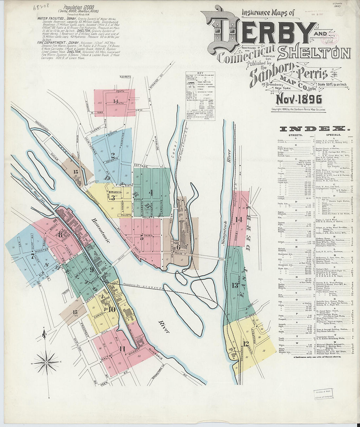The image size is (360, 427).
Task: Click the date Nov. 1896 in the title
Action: (299, 99)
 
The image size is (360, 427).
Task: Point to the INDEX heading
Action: (316, 128)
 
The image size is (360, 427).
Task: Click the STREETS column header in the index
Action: (295, 135)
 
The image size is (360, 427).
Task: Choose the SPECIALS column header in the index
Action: (333, 135)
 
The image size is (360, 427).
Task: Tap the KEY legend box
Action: (200, 96)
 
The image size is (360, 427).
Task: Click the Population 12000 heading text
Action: (78, 7)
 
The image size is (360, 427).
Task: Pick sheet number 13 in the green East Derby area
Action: (235, 285)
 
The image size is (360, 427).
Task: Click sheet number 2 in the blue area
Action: (113, 155)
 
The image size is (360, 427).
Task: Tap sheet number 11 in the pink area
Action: (122, 349)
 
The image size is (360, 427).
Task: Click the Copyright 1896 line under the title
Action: (298, 110)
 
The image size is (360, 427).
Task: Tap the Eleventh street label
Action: (125, 77)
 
